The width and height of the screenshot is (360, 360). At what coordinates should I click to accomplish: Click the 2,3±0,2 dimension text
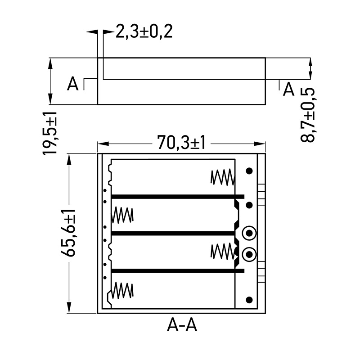point(144,32)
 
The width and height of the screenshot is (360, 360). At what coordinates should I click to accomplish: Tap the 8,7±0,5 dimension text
point(308,115)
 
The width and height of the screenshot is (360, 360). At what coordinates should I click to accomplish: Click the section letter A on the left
point(72,84)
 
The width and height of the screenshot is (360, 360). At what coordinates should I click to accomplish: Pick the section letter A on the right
point(288,90)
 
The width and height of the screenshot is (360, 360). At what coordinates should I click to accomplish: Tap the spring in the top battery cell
point(222,177)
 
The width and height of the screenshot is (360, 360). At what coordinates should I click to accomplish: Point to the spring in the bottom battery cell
point(123,290)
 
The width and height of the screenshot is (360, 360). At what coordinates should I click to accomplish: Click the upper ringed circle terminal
point(249,233)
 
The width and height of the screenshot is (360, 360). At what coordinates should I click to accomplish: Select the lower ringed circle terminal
point(249,255)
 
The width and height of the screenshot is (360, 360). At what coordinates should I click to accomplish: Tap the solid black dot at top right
point(249,171)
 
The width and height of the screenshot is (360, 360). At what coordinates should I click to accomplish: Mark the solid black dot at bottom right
point(249,300)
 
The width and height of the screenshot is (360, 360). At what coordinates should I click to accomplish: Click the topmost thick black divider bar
point(177,197)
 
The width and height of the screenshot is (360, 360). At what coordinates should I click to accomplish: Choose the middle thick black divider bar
point(173,234)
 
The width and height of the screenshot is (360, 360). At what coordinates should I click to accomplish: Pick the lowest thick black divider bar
point(177,271)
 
